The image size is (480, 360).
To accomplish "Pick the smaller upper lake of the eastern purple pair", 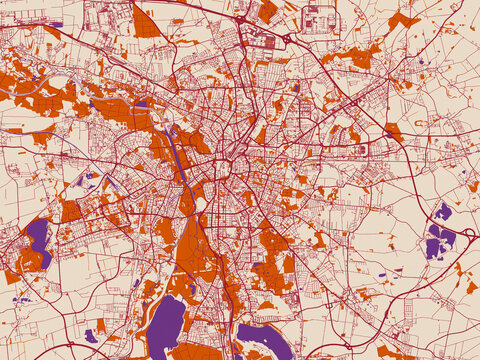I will [443, 211].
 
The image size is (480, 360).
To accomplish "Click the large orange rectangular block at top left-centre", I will [146, 22].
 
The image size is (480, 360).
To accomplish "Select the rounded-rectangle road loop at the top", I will [320, 19].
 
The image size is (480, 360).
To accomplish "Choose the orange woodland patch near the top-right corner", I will [402, 19].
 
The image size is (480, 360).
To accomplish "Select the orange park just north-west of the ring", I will [196, 140].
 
